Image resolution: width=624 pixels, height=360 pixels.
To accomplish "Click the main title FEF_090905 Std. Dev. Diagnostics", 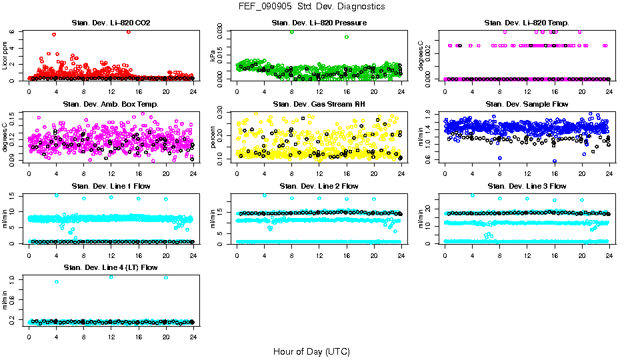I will pos(311,7).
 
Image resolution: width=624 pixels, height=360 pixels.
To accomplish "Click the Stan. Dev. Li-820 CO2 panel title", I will pos(111,23).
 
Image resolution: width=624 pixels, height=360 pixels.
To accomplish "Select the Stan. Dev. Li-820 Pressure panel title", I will pos(319,23).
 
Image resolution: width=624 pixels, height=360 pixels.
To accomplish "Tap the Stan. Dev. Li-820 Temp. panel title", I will pos(527,23).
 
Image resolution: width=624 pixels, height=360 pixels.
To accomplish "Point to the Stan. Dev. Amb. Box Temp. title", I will pos(111,104).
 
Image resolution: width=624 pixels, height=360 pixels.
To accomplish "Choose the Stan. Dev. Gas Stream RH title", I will pos(319,104).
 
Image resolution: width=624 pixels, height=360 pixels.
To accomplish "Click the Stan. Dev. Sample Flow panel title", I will pos(527,104).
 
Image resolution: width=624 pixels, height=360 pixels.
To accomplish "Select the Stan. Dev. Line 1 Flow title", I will pos(111,186).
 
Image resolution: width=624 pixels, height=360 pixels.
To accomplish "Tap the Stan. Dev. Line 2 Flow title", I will pos(319,186).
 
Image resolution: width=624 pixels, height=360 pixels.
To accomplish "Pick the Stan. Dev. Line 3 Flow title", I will pos(527,186).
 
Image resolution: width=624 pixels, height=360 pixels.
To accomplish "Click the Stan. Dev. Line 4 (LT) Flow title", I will pos(111,267).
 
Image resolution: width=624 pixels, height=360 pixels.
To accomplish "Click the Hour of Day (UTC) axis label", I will pos(311,351).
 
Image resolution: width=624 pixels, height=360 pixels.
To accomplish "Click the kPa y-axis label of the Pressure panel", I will pos(214,56).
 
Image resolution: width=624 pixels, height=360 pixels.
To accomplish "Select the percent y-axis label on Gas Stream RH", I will pos(214,137).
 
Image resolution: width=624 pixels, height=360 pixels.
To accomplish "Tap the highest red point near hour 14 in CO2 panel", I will pos(128,31).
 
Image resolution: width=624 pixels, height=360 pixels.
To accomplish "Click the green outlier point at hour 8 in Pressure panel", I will pos(291,31).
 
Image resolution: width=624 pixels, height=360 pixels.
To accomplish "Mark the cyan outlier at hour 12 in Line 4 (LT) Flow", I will pos(111,277).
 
